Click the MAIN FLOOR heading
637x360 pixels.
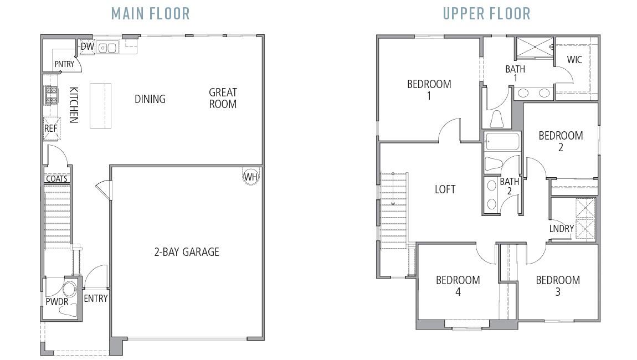click(x=150, y=13)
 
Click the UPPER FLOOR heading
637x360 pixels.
click(x=486, y=13)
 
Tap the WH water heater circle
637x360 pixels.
click(x=251, y=177)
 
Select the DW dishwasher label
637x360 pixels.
click(x=87, y=47)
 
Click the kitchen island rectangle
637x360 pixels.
click(x=100, y=106)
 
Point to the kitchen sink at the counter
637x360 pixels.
click(x=107, y=48)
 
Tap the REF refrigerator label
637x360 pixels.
click(x=50, y=128)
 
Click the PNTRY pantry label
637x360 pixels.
click(x=64, y=65)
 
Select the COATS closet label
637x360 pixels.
click(x=56, y=179)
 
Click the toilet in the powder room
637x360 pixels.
click(x=69, y=290)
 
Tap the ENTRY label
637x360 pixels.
click(x=95, y=299)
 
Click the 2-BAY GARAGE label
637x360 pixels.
click(x=186, y=252)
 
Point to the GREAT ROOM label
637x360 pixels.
click(x=223, y=98)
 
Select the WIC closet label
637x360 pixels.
click(x=574, y=60)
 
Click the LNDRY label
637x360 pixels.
click(x=561, y=229)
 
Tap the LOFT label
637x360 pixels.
click(x=445, y=189)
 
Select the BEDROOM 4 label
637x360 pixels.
click(x=458, y=286)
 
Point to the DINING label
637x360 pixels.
click(x=150, y=99)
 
